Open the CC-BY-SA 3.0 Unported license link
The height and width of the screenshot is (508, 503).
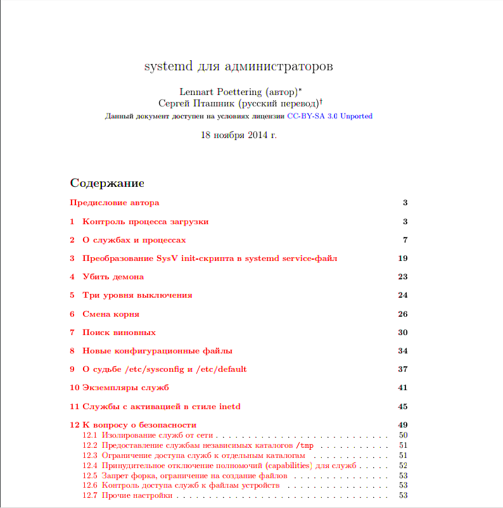point(329,117)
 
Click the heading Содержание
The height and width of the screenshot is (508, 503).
point(107,184)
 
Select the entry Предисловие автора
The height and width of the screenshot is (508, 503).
point(114,203)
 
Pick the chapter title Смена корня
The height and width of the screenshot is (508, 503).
point(111,314)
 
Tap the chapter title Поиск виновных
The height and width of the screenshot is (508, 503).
point(119,333)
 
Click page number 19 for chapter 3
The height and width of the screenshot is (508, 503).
point(402,258)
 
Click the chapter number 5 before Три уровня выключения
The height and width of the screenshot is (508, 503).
point(72,296)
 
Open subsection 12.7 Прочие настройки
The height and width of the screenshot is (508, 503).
point(137,495)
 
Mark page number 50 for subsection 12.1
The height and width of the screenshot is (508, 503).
point(403,436)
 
